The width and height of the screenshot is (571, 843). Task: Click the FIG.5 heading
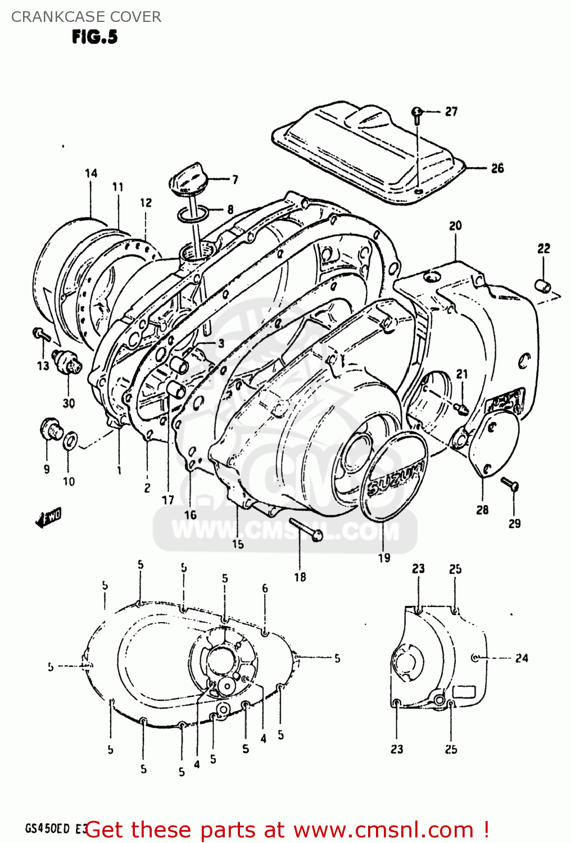click(x=94, y=37)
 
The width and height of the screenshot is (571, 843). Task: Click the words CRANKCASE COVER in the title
click(x=86, y=17)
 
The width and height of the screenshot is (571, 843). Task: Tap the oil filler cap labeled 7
click(x=187, y=179)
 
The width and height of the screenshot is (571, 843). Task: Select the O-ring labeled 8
click(x=193, y=214)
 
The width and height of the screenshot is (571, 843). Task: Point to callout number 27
click(x=451, y=112)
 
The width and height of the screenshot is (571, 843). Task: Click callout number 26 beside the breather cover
click(x=497, y=168)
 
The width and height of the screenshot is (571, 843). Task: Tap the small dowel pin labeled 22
click(x=543, y=286)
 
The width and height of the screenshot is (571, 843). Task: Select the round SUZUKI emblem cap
click(x=394, y=478)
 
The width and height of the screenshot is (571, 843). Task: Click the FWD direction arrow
click(x=48, y=517)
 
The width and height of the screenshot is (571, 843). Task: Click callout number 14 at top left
click(x=91, y=173)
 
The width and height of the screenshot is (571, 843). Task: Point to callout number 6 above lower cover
click(x=265, y=588)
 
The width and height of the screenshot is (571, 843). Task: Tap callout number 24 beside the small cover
click(x=522, y=658)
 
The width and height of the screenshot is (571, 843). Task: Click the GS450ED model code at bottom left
click(x=47, y=828)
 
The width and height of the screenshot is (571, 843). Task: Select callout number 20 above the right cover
click(x=455, y=225)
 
